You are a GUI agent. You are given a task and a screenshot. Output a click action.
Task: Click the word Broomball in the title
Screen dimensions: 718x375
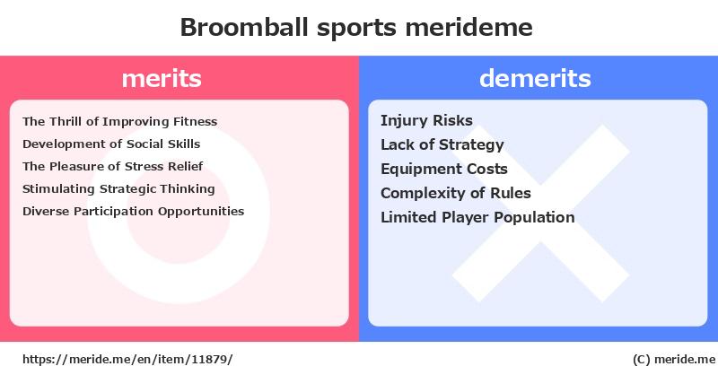244,27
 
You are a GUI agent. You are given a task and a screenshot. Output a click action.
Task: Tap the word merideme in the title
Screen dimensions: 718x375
468,27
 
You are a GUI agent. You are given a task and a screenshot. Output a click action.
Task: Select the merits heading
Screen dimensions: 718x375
162,78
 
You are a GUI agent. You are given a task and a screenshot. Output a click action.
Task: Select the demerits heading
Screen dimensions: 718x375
535,78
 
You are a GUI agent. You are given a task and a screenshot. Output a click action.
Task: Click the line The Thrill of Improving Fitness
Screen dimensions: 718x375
120,122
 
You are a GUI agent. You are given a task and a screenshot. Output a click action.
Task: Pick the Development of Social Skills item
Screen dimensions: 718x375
111,144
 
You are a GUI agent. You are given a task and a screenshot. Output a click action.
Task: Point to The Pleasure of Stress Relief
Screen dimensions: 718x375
113,166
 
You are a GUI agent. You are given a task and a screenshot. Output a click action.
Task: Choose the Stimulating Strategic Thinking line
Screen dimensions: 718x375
118,189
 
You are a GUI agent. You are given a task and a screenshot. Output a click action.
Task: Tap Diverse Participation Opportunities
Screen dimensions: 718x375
133,212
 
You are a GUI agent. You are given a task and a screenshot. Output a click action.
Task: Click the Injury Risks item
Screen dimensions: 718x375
427,121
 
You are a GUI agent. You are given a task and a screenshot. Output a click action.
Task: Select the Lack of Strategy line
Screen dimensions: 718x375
442,145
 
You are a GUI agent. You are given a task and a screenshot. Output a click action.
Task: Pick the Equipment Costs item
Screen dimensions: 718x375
444,170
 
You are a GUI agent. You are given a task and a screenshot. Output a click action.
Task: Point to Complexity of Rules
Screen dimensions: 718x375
456,193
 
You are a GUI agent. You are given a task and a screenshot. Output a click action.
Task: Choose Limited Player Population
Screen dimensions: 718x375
477,217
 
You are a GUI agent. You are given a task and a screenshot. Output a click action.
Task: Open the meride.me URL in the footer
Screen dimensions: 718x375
127,360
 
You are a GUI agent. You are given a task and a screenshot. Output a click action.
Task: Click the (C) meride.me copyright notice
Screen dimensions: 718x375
674,360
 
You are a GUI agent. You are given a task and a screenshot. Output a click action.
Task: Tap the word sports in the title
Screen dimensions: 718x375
356,29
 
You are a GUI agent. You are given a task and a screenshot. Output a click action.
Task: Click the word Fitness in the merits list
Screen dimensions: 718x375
195,122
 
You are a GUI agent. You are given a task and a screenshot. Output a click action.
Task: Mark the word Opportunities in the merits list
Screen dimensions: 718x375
201,212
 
